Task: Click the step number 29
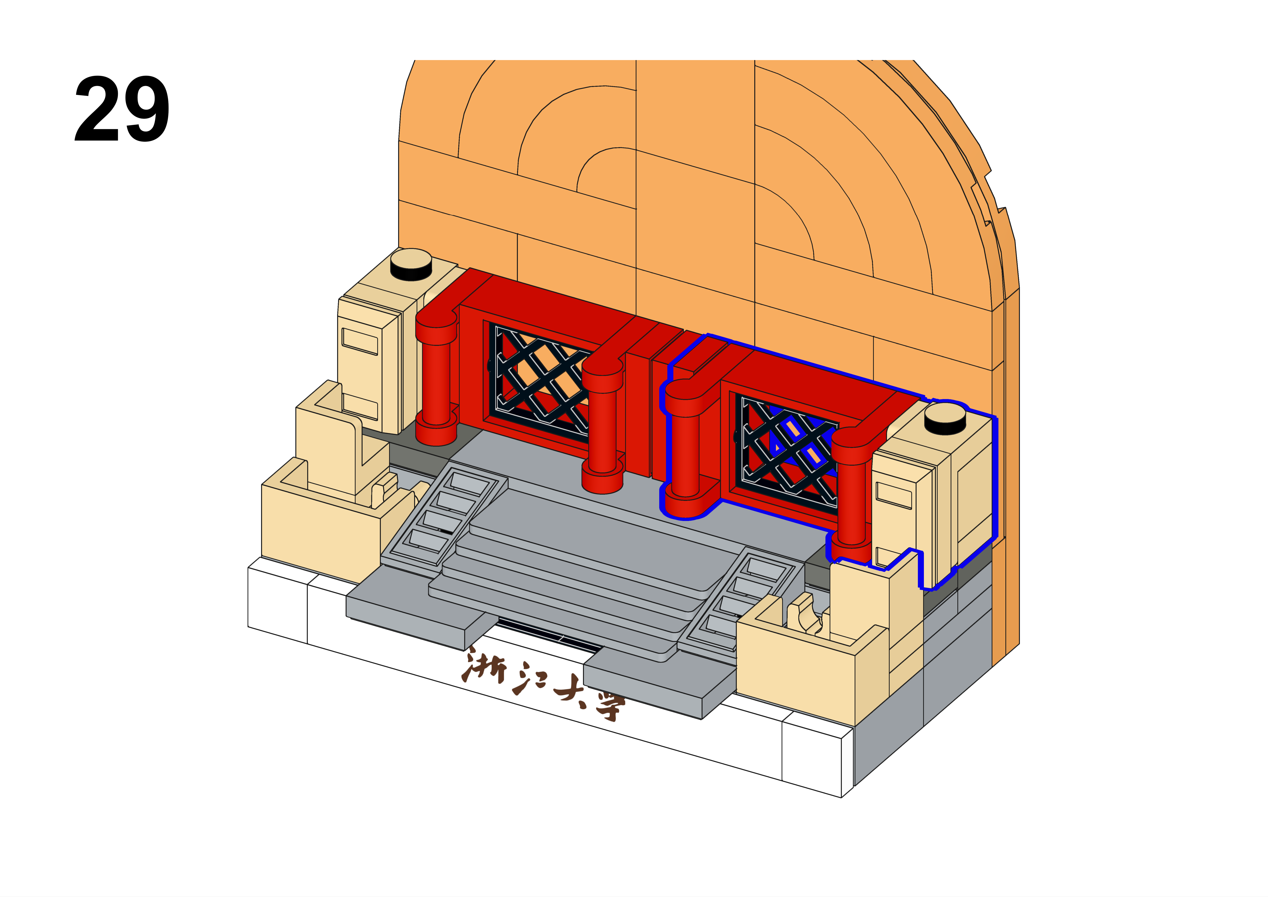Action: click(x=122, y=109)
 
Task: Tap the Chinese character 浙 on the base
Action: click(x=485, y=667)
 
